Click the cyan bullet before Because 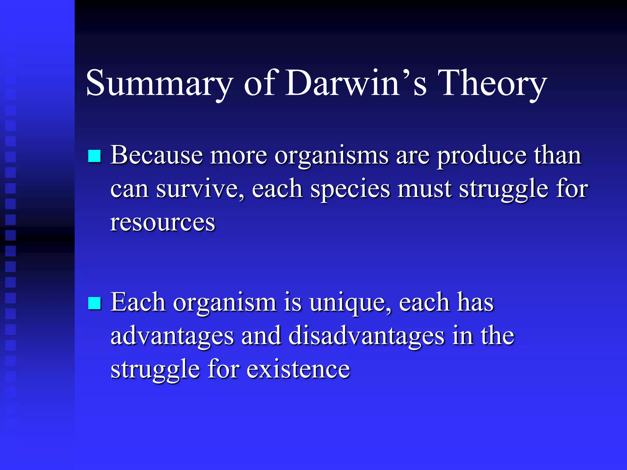tap(94, 156)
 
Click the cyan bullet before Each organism tap(94, 303)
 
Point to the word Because tap(156, 155)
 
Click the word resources tap(163, 222)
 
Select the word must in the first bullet tap(424, 189)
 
